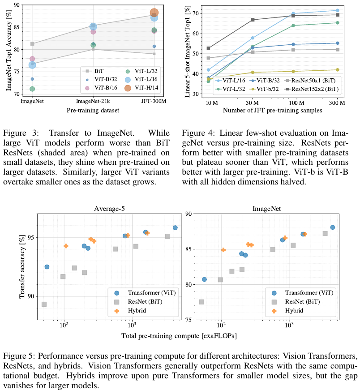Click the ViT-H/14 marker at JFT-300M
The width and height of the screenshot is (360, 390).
[154, 13]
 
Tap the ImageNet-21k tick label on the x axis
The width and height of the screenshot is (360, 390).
[93, 102]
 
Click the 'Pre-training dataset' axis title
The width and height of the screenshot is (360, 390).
[93, 110]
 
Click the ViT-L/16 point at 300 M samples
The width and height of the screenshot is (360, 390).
[337, 10]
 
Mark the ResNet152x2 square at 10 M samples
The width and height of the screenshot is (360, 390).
[209, 48]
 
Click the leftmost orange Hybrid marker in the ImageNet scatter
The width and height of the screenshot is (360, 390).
[223, 250]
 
